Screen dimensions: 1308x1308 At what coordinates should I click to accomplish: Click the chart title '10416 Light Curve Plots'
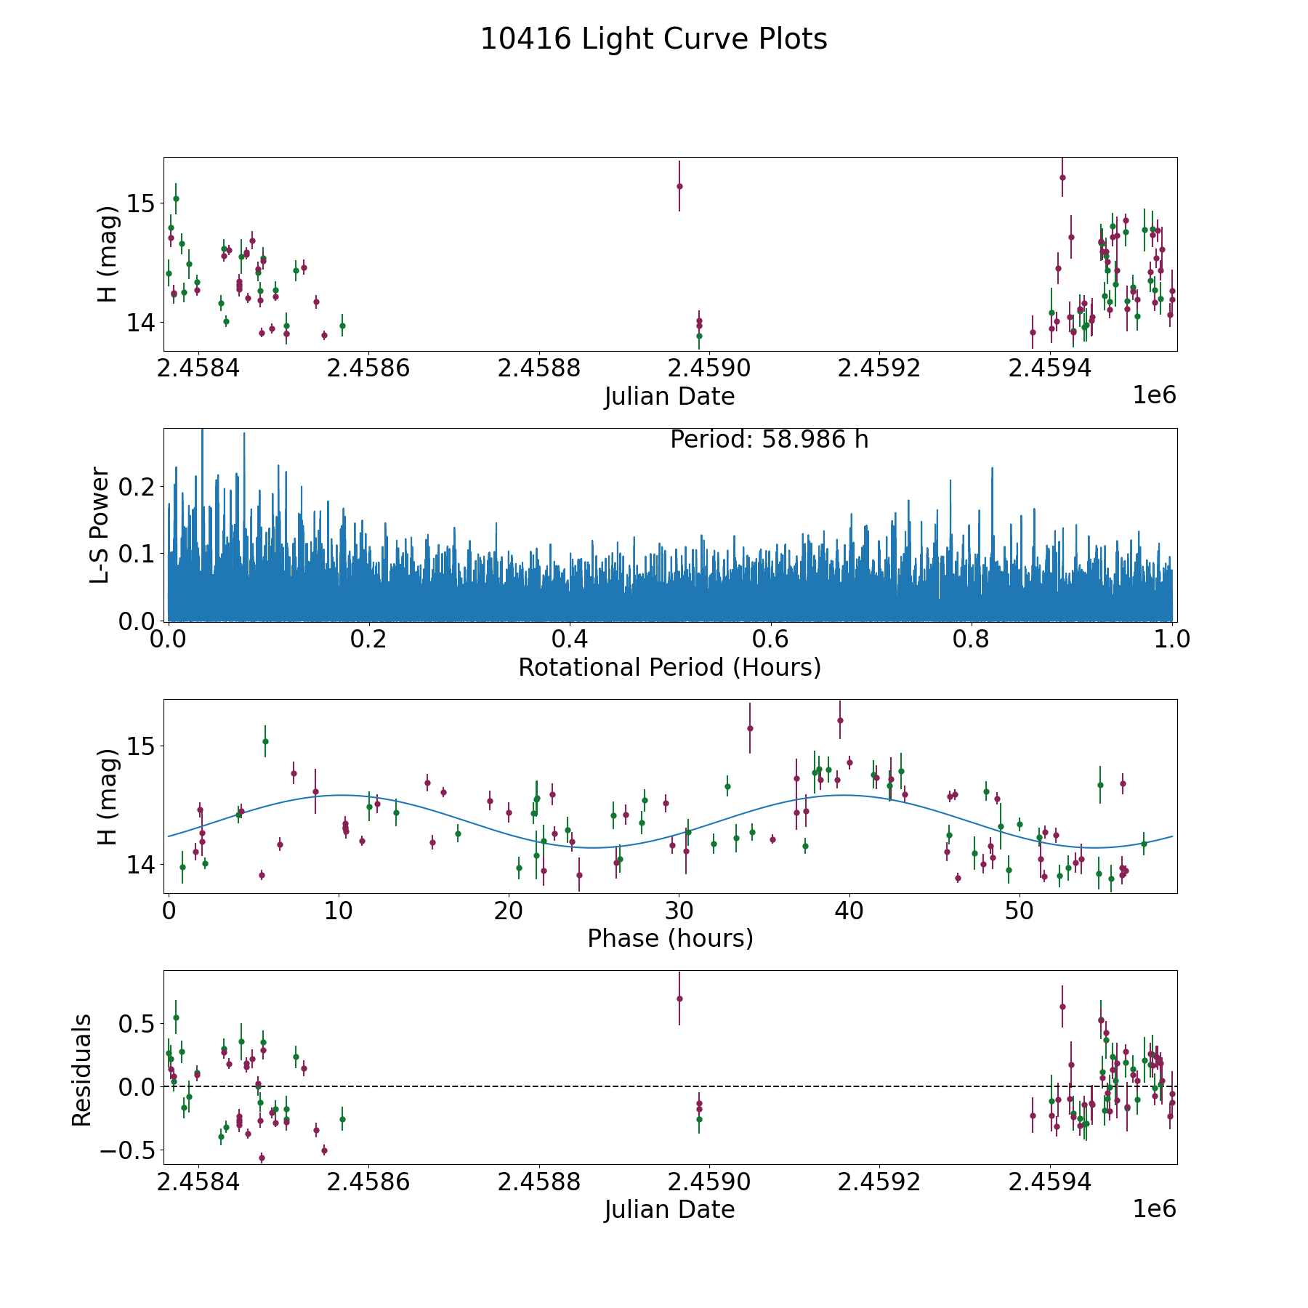653,39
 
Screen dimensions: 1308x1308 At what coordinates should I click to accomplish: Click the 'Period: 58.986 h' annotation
769,440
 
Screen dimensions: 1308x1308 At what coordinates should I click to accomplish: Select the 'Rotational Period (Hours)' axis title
669,667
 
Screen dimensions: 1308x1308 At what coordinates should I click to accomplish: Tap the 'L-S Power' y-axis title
100,525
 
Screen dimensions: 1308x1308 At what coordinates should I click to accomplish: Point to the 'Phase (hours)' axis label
669,938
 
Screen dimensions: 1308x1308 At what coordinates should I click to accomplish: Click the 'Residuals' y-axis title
82,1070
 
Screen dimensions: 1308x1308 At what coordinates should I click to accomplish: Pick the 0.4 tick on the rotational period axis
570,639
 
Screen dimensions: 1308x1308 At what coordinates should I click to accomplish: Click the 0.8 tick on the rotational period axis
971,639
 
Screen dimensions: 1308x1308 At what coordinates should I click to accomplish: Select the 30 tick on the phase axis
679,911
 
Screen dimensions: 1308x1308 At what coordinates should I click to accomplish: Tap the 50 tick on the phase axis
1019,911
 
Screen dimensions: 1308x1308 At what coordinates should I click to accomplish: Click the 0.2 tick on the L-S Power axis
138,486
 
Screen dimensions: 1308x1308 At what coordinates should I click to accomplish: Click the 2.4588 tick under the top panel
538,368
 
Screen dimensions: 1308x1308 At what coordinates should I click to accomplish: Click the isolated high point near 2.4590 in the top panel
679,186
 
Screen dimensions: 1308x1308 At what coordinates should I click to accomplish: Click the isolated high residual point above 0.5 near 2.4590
679,998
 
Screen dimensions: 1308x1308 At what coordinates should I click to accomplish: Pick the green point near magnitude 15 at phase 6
265,741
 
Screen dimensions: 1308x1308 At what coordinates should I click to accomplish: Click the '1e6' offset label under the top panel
1154,395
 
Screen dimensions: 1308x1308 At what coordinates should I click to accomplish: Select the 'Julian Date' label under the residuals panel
669,1210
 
